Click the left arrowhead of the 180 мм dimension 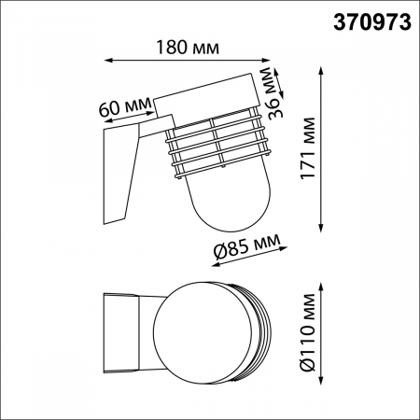[104, 62]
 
